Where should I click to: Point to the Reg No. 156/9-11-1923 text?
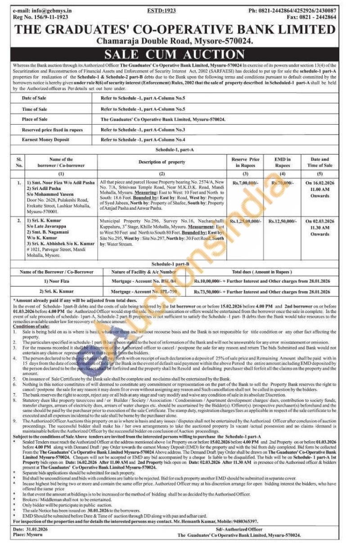[36, 17]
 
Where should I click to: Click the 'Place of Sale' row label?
[35, 120]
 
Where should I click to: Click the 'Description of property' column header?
[162, 162]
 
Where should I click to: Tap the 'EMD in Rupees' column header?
[283, 162]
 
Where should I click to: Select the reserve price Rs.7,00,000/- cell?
[246, 183]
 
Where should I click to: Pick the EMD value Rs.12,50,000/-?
[283, 222]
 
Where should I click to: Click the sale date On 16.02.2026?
[319, 183]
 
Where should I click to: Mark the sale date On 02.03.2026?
[319, 222]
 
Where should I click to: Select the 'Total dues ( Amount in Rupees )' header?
[262, 272]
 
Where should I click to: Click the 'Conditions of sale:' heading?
[31, 326]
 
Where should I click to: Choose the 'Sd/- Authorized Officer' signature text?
[238, 529]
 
